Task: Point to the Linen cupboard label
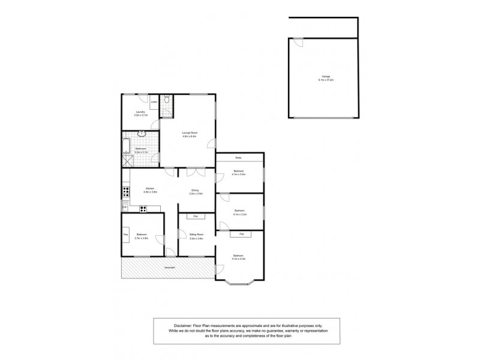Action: pos(154,103)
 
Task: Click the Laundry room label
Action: pos(140,112)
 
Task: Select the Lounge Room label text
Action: pos(190,133)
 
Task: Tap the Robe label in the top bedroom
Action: pos(238,158)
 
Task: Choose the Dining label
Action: pos(195,191)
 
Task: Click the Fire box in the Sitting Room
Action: pos(195,216)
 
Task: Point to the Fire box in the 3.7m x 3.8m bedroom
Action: pos(126,234)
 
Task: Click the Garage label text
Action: pos(326,77)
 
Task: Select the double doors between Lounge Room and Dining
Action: pos(193,172)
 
